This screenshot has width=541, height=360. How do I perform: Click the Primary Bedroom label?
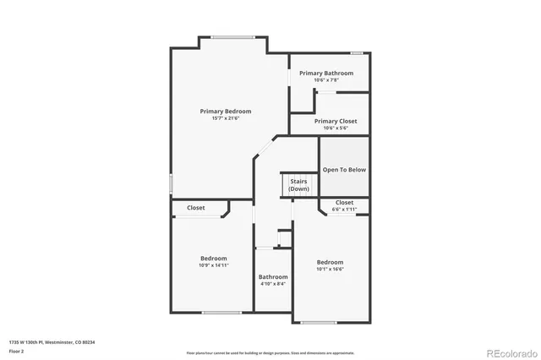coord(225,111)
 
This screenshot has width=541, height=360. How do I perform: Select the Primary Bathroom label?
coord(325,74)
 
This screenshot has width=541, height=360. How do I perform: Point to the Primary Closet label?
coord(336,121)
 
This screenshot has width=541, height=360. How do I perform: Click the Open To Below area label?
coord(344,170)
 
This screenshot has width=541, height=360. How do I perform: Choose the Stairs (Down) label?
coord(298,185)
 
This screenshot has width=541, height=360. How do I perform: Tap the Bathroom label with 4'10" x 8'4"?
coord(273,276)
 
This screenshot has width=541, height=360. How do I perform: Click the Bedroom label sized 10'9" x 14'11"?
coord(213,258)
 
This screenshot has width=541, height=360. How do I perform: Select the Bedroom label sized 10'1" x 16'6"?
coord(330,262)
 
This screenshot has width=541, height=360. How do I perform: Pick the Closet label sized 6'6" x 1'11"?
coord(344,202)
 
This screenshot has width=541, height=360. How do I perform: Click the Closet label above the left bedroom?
coord(195,207)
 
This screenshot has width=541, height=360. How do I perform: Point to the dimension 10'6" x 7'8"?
coord(325,80)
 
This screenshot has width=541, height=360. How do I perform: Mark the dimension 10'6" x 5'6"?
coord(336,128)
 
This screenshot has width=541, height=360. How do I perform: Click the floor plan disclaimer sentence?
coord(270,352)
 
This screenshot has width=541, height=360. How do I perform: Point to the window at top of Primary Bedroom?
coord(232,36)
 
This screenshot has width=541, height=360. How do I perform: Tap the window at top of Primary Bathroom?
coord(357,53)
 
